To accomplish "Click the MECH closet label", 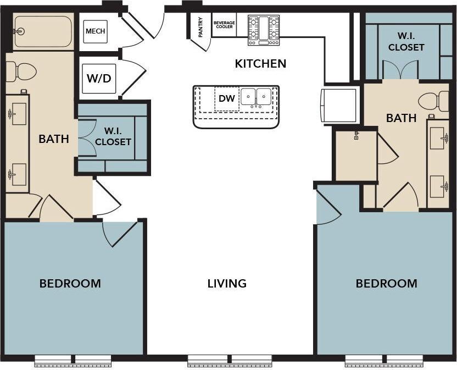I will [x=94, y=31].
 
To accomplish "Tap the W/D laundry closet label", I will [x=98, y=78].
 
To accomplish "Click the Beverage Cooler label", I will [x=224, y=25].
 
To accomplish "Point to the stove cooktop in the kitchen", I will [x=264, y=30].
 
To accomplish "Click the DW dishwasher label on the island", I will [x=226, y=98].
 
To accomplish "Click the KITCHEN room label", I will [x=260, y=64].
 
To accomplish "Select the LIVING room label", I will [x=227, y=284].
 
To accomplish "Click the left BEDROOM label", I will [x=70, y=284].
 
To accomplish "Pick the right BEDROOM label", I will [x=386, y=284].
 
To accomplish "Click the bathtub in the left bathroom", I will [x=42, y=31].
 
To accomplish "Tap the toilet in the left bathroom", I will [x=21, y=71].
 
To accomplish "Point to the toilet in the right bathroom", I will [x=433, y=101].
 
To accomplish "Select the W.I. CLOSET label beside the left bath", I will [x=113, y=137].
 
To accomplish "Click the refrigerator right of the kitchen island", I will [x=338, y=104].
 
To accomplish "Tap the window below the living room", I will [x=230, y=361].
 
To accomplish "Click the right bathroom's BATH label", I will [x=401, y=118].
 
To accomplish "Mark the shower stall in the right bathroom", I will [x=356, y=156].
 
